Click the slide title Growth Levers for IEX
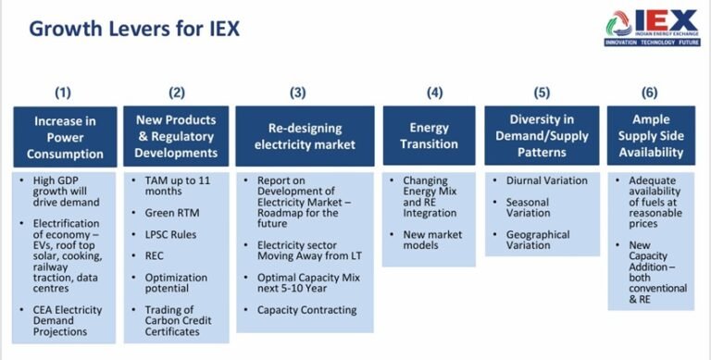(x=134, y=28)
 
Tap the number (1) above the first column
(x=64, y=93)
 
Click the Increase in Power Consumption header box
(x=65, y=136)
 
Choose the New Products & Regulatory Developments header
(x=176, y=136)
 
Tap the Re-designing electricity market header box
(x=305, y=136)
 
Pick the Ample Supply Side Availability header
(x=652, y=136)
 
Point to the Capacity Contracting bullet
(x=306, y=310)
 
